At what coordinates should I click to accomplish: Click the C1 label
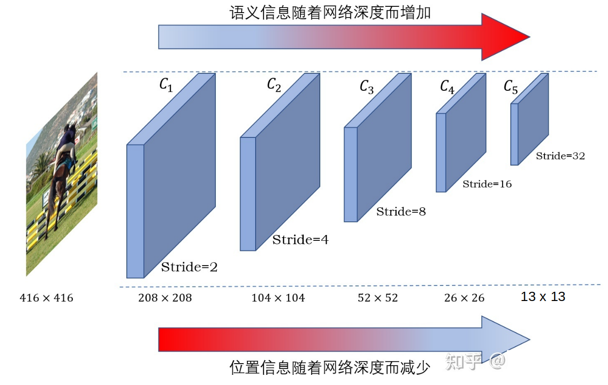(x=166, y=85)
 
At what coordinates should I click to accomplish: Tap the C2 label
(x=274, y=85)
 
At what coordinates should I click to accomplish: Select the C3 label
(x=367, y=87)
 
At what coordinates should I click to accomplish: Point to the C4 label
(x=447, y=86)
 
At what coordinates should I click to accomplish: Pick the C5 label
(x=510, y=87)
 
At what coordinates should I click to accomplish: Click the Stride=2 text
(x=189, y=267)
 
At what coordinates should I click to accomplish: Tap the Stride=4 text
(x=300, y=240)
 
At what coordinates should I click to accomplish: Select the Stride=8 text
(x=401, y=211)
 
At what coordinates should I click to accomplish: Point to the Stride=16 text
(x=487, y=184)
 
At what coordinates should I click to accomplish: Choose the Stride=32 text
(x=560, y=156)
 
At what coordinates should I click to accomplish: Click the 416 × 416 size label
(x=46, y=298)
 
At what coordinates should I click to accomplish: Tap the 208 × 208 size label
(x=165, y=298)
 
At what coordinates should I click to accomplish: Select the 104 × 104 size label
(x=278, y=298)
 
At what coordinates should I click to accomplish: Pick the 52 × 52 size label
(x=378, y=298)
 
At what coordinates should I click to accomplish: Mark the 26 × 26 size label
(x=464, y=298)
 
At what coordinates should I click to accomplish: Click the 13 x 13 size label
(x=543, y=297)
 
